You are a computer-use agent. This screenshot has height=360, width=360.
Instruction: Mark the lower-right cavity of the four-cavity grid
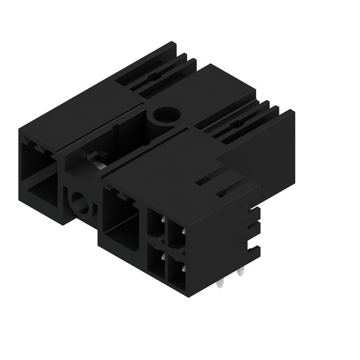point(176,272)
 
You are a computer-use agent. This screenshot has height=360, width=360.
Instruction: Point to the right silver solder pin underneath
point(242,272)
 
